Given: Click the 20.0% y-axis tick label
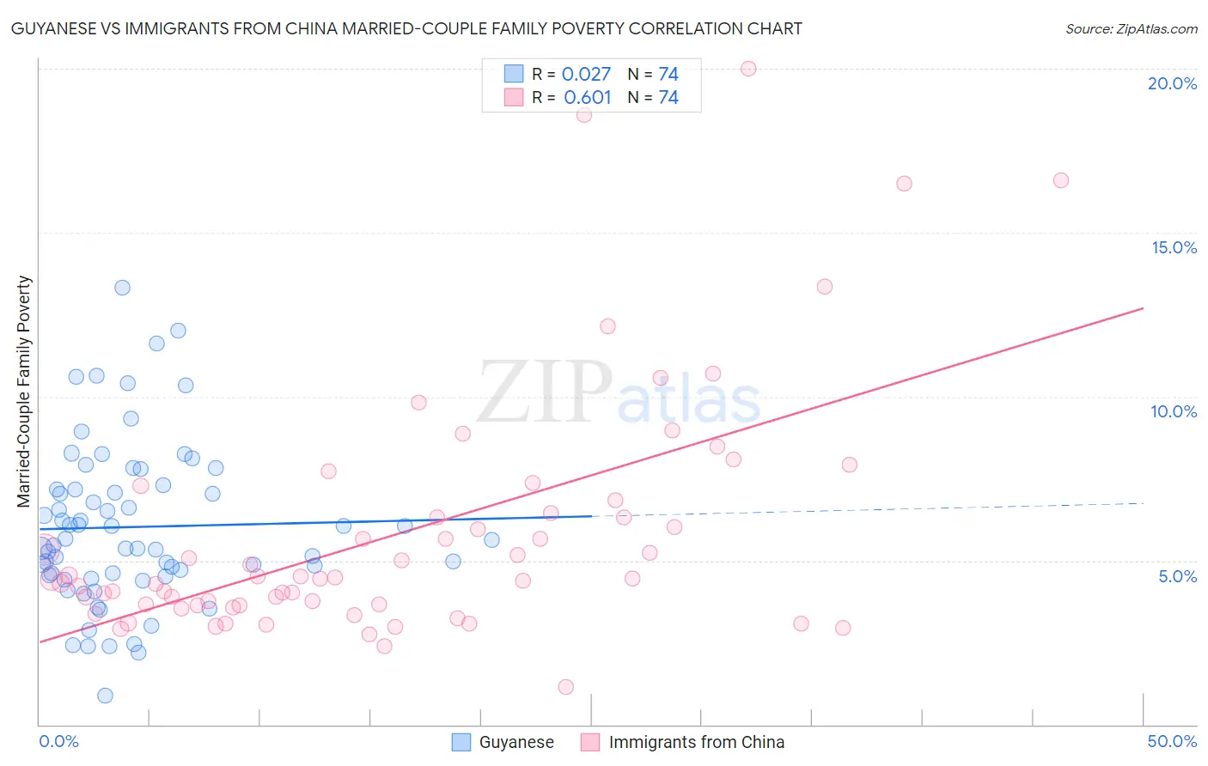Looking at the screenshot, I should pos(1172,83).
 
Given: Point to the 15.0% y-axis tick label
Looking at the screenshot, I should pos(1174,247).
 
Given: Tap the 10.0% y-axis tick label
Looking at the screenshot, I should pos(1174,411).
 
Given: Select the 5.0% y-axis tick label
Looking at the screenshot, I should pos(1177,576).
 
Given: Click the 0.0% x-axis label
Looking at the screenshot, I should pos(58,741).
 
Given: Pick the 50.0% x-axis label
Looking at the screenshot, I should pos(1172,741).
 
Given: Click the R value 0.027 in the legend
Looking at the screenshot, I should pos(586,75).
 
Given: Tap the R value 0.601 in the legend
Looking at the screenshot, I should pos(587,98).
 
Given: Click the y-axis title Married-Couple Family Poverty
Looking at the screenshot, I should pos(24,392).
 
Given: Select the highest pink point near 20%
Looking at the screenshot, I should pos(748,69).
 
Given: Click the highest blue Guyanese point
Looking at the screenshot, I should pos(122,288).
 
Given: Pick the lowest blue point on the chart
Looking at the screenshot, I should pos(105,696).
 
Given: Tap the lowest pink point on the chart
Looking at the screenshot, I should pos(565,687).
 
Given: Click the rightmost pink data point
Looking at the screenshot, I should pos(1060,180).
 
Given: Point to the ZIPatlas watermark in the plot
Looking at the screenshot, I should pos(619,393).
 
